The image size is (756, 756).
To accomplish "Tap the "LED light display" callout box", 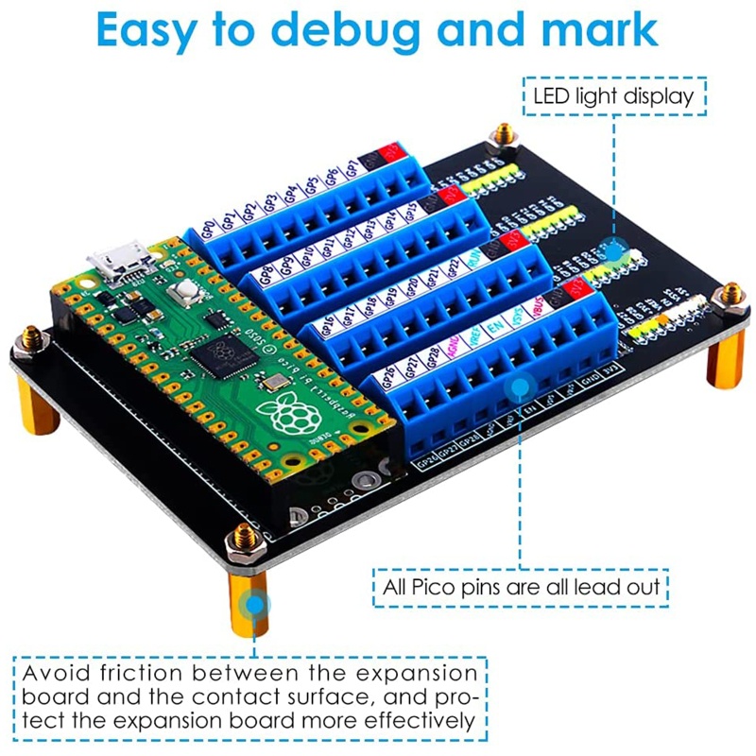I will pyautogui.click(x=614, y=94).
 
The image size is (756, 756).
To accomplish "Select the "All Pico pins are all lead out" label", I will pyautogui.click(x=521, y=586).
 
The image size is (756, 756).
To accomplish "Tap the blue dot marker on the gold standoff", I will pyautogui.click(x=253, y=603).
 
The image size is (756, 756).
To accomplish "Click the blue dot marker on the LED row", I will pyautogui.click(x=614, y=251).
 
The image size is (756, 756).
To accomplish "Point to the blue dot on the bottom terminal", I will pyautogui.click(x=518, y=386).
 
